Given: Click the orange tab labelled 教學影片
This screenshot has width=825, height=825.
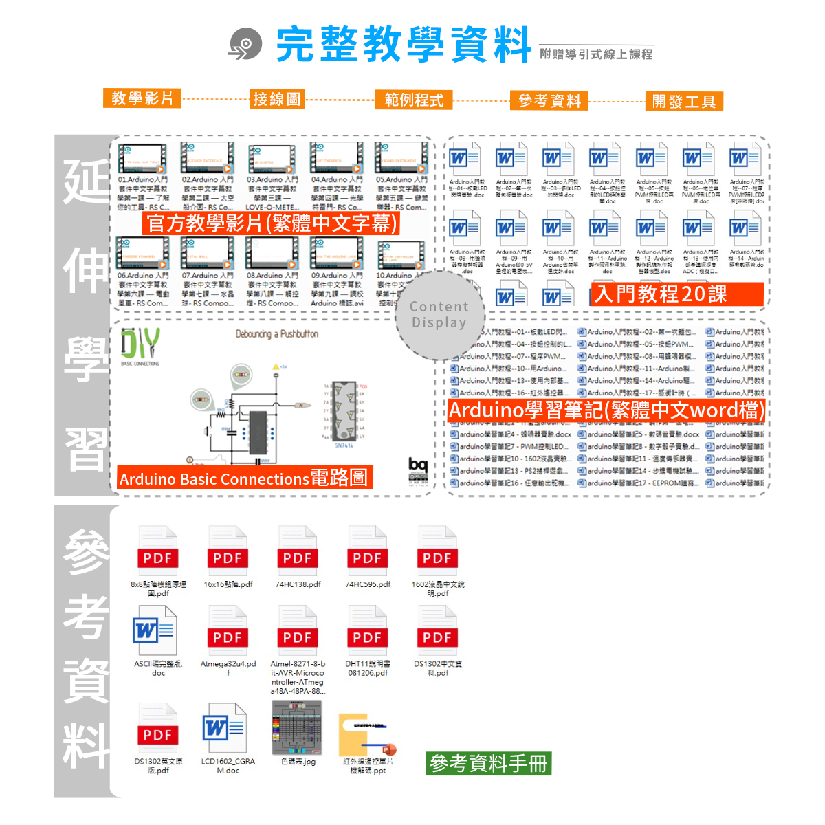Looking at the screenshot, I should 142,98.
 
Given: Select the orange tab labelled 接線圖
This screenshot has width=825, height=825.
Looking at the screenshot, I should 277,99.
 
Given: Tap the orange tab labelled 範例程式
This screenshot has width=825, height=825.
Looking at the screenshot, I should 414,100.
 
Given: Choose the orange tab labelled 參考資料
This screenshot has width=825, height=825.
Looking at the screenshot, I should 549,101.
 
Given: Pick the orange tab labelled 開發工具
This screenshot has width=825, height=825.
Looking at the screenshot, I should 684,102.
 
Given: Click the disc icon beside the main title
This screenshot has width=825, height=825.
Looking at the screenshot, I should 245,44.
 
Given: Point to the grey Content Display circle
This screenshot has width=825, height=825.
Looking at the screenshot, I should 440,315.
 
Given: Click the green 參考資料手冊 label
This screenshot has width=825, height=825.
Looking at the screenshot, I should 488,763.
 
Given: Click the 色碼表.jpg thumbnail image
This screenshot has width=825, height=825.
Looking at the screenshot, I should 297,727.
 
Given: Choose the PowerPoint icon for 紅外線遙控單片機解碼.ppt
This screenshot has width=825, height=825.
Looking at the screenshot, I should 365,736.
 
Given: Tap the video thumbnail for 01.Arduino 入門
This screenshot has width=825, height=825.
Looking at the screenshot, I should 142,159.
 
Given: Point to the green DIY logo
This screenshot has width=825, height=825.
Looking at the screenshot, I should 140,343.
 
